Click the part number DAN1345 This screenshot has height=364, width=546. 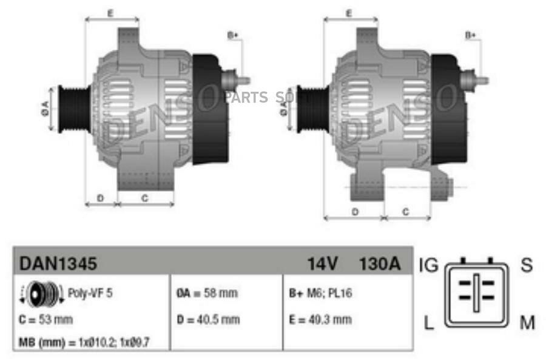pos(58,264)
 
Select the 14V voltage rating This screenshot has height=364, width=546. pos(322,264)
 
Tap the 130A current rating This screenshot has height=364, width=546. pos(379,264)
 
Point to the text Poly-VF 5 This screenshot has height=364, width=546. pos(90,293)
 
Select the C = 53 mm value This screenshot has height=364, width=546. pos(46,319)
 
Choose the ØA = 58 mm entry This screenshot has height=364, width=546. pos(206,293)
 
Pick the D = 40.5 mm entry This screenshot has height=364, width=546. pos(208,319)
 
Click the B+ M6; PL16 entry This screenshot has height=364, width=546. pos(320,293)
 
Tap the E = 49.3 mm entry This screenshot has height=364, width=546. pos(320,319)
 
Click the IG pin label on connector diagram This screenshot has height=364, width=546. pos(428,265)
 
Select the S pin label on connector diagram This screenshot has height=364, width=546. pos(527,265)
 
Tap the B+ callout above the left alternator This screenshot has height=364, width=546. pos(233,36)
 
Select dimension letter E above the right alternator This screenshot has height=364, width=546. pos(349,13)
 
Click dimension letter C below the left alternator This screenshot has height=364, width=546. pos(145,197)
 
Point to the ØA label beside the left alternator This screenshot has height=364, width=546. pos(45,109)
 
